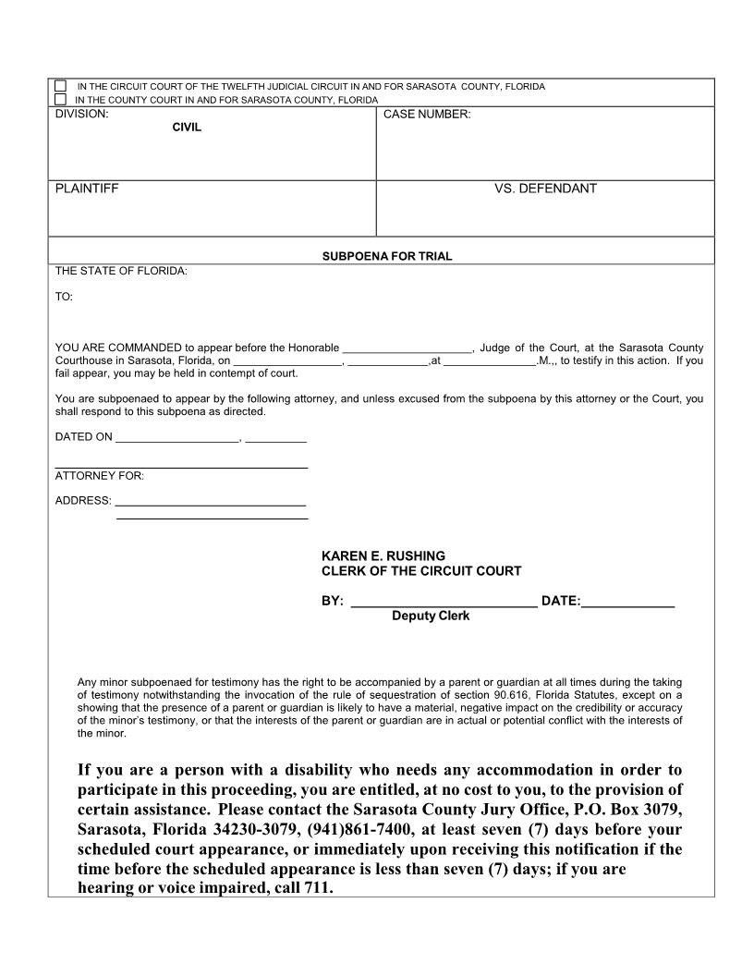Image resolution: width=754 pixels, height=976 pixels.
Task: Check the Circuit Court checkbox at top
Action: click(61, 86)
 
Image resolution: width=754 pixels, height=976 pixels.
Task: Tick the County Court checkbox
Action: click(61, 99)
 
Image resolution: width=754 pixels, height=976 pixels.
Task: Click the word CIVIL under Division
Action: click(187, 128)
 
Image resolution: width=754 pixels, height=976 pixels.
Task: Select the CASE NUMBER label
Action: click(426, 115)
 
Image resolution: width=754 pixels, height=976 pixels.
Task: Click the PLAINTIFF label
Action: click(87, 189)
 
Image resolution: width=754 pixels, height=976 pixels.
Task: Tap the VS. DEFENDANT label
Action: click(545, 189)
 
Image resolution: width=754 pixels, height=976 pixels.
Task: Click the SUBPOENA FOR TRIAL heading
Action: click(387, 256)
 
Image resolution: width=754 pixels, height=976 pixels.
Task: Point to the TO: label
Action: click(64, 298)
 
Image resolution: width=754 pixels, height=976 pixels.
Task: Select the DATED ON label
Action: click(84, 436)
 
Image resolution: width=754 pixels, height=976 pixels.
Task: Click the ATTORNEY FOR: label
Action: click(100, 476)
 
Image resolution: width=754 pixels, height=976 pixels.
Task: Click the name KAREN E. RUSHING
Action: click(383, 555)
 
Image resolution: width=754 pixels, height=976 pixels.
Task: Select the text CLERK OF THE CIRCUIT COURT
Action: click(420, 571)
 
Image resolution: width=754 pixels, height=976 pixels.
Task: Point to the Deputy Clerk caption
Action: click(430, 616)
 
